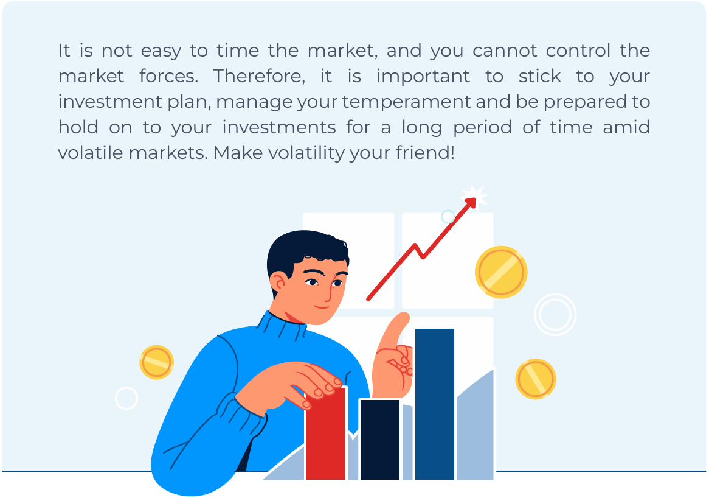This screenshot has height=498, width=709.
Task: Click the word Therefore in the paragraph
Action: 259,76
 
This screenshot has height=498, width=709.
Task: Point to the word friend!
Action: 425,153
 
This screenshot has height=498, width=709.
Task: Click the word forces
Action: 168,76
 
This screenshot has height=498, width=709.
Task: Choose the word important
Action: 423,77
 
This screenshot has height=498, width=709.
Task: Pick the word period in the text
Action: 482,128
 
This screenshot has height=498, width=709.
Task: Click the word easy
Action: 161,51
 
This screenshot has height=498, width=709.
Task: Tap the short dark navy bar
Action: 380,439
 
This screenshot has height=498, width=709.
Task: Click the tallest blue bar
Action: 435,404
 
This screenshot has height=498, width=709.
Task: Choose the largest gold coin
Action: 501,272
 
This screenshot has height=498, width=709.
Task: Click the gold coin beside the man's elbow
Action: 156,362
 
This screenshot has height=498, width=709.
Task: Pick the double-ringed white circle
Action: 555,315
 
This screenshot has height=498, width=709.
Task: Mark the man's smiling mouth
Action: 322,307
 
